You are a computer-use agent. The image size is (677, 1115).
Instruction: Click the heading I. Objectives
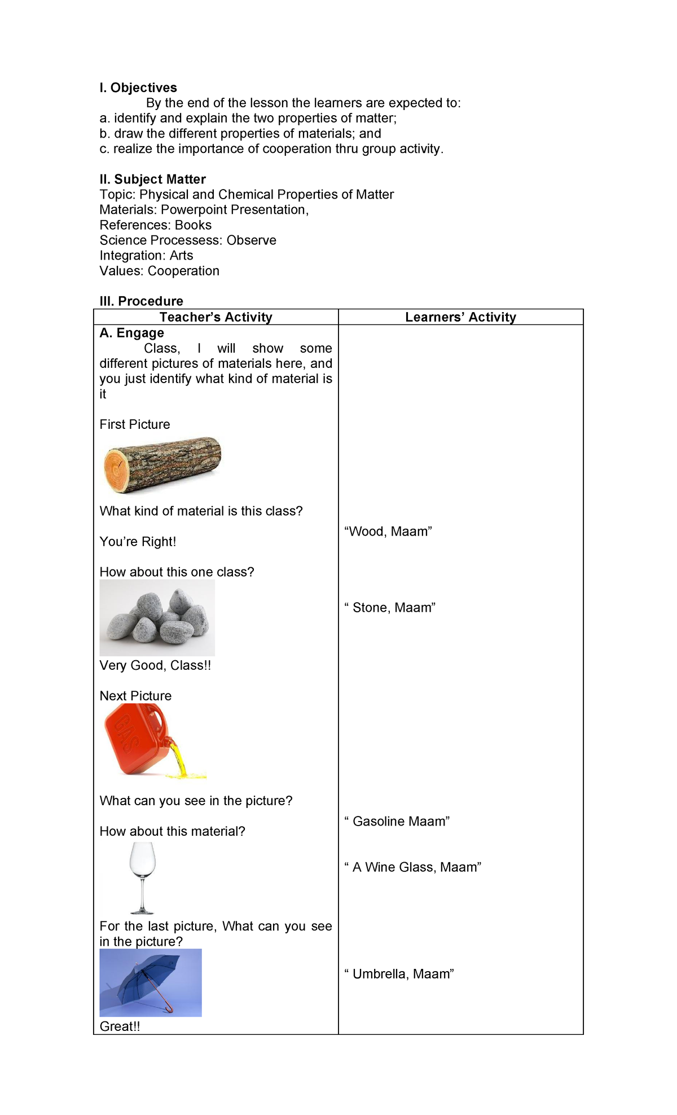138,87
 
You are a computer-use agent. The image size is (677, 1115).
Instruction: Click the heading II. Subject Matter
152,179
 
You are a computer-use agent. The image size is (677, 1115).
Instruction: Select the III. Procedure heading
141,301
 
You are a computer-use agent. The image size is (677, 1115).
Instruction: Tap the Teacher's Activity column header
216,317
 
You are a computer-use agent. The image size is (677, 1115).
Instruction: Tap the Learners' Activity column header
460,317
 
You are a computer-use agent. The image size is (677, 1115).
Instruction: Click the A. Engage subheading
131,333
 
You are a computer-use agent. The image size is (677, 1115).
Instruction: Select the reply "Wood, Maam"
388,532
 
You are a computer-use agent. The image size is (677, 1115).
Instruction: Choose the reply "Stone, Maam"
390,608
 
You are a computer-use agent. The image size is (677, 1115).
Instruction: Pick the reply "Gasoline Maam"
397,822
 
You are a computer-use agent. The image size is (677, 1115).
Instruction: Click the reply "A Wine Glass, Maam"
412,867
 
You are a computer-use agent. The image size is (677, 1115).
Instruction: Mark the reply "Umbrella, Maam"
399,974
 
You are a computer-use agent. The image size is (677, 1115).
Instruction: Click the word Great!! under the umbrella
120,1026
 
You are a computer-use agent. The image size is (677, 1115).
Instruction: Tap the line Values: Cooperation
159,271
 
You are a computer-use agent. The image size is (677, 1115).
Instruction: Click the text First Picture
134,424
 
